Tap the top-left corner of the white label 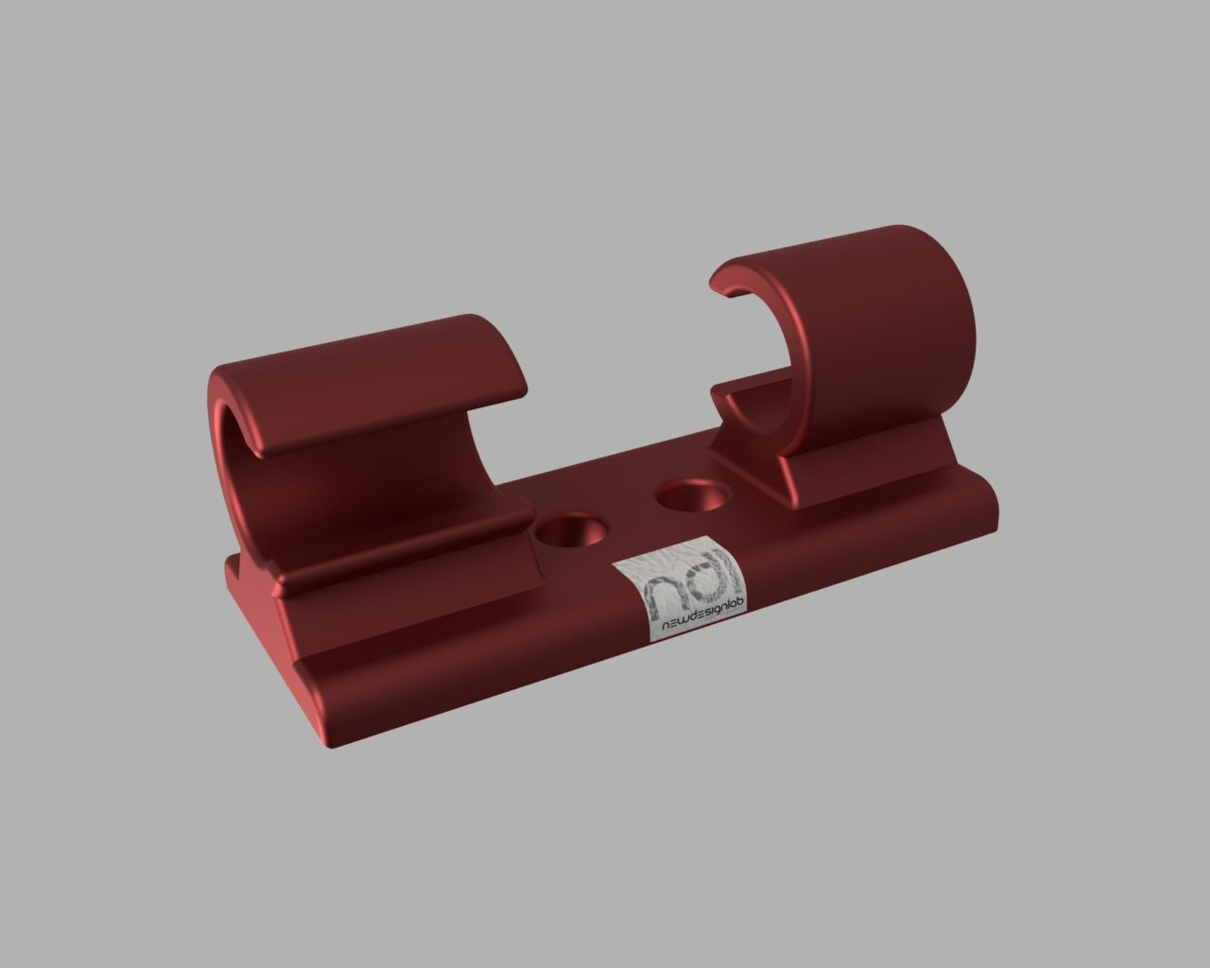pos(614,565)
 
